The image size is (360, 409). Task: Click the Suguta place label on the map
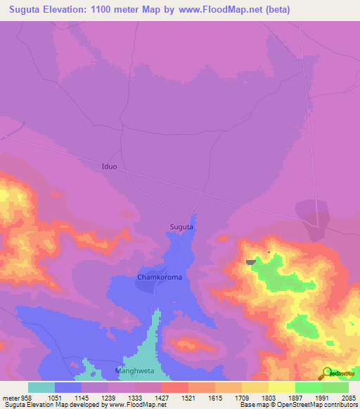(181, 227)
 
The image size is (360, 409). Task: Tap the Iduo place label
(109, 167)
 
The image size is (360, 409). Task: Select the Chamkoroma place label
(160, 278)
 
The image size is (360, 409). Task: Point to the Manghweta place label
(133, 370)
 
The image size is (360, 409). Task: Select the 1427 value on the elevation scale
(161, 398)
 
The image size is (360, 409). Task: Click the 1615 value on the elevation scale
(214, 398)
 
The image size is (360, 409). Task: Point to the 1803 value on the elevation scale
(268, 398)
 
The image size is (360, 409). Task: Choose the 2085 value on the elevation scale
(347, 398)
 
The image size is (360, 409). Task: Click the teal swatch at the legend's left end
(41, 387)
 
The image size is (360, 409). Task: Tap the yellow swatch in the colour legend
(281, 387)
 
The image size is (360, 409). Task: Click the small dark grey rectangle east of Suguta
(250, 262)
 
